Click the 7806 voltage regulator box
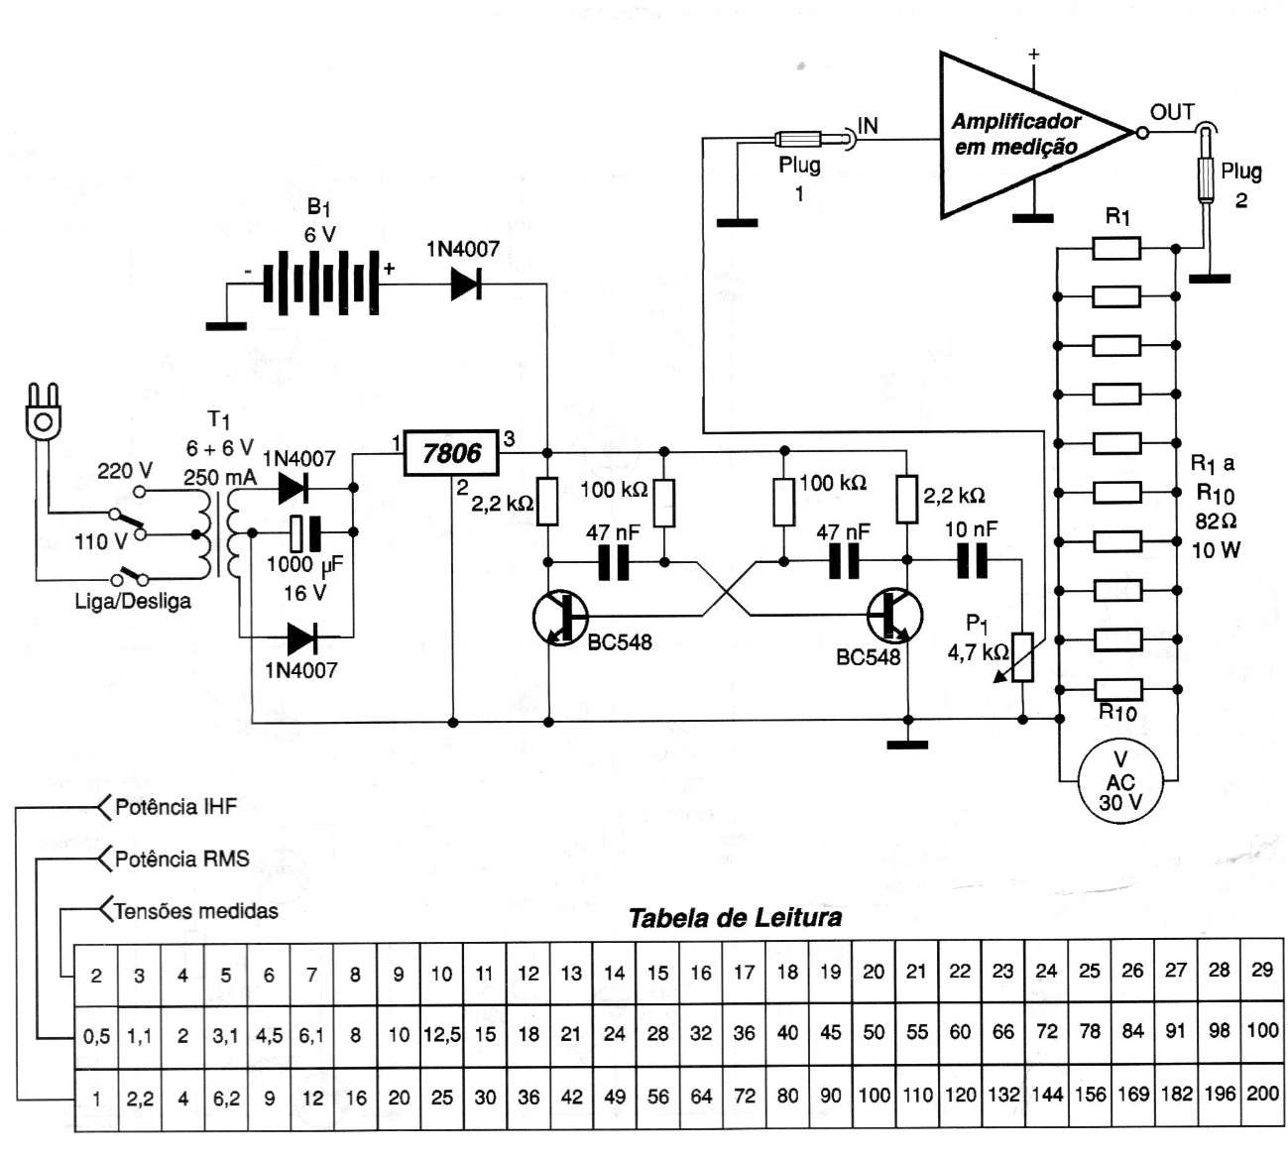coord(451,454)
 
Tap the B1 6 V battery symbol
coord(320,284)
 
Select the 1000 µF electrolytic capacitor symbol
coord(307,533)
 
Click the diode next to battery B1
coord(467,284)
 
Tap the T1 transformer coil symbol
coord(220,535)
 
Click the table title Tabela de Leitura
coord(735,917)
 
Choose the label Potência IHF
coord(176,807)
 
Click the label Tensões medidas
coord(195,910)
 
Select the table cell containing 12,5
coord(441,1034)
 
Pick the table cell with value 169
coord(1132,1095)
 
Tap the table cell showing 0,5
coord(96,1036)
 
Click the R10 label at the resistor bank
coord(1116,713)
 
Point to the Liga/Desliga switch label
coord(133,601)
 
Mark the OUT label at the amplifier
coord(1172,112)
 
